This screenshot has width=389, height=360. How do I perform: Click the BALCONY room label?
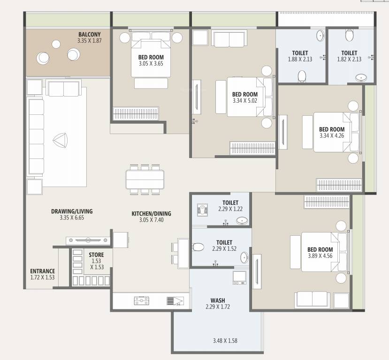pyautogui.click(x=90, y=34)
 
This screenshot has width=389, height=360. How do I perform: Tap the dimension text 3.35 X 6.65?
pyautogui.click(x=72, y=218)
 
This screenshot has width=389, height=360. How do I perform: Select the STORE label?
pyautogui.click(x=97, y=255)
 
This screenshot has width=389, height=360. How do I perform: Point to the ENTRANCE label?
pyautogui.click(x=42, y=271)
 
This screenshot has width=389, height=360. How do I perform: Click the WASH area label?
pyautogui.click(x=218, y=300)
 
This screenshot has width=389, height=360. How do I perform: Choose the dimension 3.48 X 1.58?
pyautogui.click(x=225, y=341)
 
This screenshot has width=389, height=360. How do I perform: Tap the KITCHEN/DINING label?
pyautogui.click(x=152, y=214)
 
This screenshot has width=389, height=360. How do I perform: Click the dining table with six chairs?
pyautogui.click(x=145, y=180)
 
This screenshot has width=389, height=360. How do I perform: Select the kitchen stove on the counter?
pyautogui.click(x=142, y=301)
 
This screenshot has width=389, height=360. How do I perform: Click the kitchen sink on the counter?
pyautogui.click(x=175, y=301)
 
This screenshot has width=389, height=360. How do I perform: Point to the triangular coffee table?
pyautogui.click(x=60, y=141)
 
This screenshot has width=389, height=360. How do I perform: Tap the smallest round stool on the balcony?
pyautogui.click(x=56, y=45)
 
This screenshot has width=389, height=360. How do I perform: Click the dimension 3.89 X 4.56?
pyautogui.click(x=320, y=256)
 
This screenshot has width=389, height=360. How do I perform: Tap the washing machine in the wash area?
pyautogui.click(x=239, y=278)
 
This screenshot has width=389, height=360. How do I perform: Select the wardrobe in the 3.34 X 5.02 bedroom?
pyautogui.click(x=252, y=148)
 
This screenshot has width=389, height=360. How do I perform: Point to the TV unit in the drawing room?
pyautogui.click(x=88, y=240)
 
